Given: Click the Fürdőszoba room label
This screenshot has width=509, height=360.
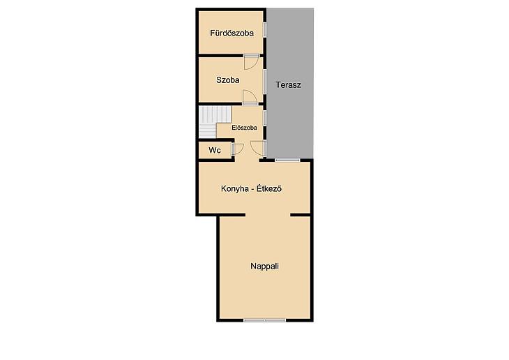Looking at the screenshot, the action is (231, 33).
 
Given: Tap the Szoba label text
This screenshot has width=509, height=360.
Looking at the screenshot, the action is (228, 80).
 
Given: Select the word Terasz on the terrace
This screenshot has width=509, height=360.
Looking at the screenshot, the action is (288, 85).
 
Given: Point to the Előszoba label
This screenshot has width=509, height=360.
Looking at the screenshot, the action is (245, 128).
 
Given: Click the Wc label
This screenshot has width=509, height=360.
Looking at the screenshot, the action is (215, 150).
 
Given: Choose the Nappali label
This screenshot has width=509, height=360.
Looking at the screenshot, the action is (264, 266).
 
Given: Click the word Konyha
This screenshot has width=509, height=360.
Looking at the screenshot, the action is (233, 189).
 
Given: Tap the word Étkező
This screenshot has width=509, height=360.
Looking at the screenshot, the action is (269, 189).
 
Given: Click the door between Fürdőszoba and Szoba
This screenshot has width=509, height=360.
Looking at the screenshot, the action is (252, 61).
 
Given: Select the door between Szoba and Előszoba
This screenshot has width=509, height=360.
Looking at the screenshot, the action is (250, 97).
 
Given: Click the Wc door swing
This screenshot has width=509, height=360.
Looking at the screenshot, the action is (238, 149).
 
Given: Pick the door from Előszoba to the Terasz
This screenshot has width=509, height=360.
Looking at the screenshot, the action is (259, 149).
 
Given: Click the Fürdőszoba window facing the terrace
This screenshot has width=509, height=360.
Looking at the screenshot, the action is (264, 30).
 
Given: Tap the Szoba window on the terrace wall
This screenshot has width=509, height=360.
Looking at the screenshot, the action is (264, 82).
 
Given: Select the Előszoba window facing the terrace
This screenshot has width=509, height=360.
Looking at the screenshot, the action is (264, 119).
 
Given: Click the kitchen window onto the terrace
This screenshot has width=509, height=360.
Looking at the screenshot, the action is (287, 160).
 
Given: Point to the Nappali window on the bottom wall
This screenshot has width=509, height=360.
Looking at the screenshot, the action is (264, 320).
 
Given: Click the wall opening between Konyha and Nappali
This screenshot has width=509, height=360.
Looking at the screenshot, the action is (268, 215).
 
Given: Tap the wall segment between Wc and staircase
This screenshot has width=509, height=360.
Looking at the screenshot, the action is (216, 140).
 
